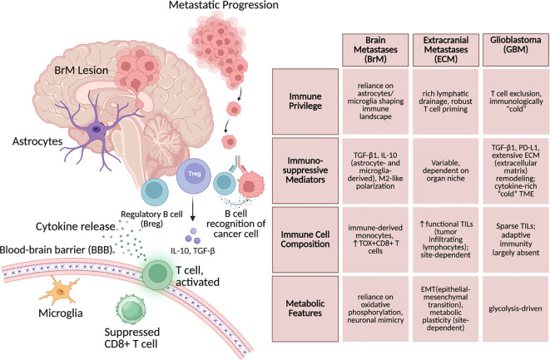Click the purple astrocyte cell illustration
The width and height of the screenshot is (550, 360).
(96, 130)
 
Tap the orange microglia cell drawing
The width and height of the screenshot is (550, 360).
(59, 289)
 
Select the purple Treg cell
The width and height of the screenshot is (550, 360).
(194, 174)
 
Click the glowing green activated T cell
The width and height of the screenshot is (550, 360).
(157, 274)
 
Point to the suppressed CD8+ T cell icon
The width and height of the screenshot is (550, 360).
(131, 309)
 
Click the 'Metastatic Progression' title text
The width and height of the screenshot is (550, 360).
(224, 5)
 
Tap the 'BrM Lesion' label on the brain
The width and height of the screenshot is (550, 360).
(81, 70)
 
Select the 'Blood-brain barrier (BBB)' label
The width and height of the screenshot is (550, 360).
(57, 250)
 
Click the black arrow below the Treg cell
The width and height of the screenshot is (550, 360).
(192, 209)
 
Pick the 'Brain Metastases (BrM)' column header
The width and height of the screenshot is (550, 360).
(375, 50)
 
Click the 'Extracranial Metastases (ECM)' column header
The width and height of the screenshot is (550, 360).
(446, 50)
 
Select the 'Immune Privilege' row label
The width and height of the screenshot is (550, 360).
(305, 101)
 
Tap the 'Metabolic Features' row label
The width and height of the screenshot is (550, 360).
(305, 308)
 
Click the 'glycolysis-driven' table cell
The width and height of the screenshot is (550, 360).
(516, 308)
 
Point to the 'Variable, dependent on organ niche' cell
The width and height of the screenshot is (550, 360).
(446, 170)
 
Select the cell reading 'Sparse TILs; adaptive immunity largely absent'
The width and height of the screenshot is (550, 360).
(516, 239)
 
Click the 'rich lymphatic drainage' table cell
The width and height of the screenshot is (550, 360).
(446, 101)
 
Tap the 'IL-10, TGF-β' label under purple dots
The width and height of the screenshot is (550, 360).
(193, 250)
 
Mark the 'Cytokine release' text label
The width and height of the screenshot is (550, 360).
(76, 227)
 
